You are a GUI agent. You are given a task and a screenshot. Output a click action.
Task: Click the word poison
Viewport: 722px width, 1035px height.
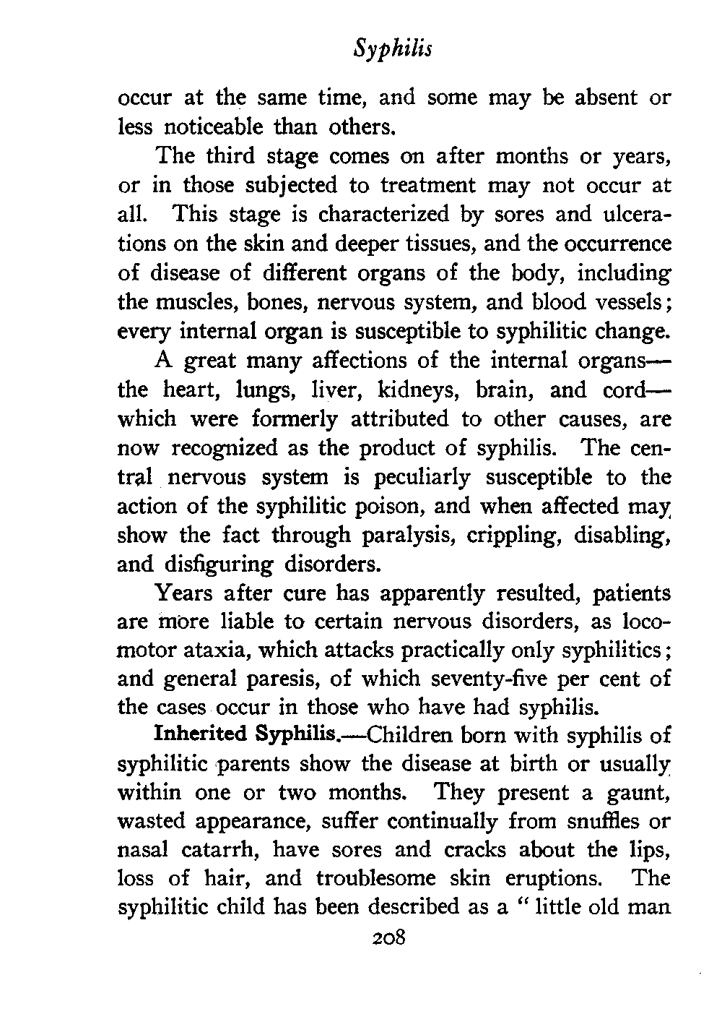343,507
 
